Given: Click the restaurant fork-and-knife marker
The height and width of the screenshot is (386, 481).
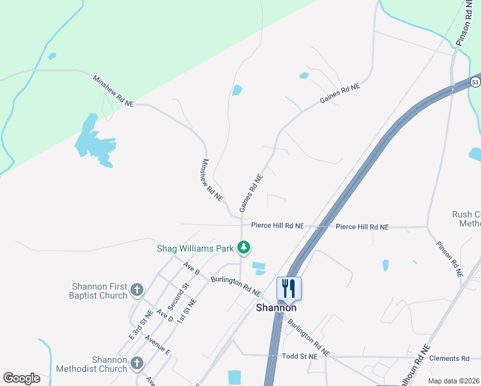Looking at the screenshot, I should [289, 288].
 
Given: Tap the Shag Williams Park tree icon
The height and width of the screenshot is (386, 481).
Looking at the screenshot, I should [244, 247].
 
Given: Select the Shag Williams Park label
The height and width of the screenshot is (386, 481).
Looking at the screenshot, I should [195, 248].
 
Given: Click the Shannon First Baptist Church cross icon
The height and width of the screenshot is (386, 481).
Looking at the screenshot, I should [136, 290].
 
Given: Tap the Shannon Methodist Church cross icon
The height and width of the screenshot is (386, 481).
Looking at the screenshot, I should [136, 364].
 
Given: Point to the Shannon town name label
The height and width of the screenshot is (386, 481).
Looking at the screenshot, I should [276, 308].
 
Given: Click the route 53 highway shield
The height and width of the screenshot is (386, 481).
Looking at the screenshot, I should [475, 82].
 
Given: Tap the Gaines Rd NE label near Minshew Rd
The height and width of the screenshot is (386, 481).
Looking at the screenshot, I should [251, 193].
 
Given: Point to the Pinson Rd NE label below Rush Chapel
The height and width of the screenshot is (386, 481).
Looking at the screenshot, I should [449, 259].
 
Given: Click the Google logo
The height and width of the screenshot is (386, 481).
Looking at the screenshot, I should [21, 378].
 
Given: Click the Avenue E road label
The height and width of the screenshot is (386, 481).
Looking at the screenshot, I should [158, 345].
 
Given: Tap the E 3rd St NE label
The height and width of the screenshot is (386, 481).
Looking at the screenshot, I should [140, 324].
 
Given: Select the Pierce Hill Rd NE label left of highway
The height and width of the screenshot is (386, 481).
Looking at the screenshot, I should [277, 226].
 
